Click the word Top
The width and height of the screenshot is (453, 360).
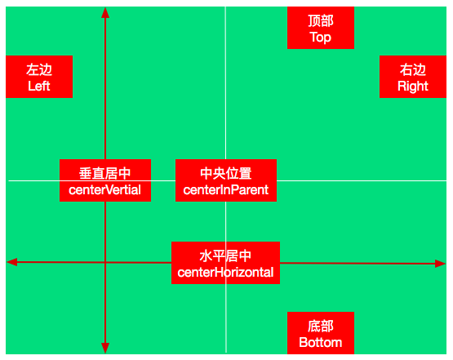(321, 38)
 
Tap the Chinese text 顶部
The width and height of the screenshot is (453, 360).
(321, 20)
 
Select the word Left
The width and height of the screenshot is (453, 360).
(39, 86)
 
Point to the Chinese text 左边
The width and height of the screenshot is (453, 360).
(39, 69)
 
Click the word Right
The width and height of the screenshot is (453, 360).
(412, 87)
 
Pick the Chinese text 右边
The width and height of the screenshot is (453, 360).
(413, 69)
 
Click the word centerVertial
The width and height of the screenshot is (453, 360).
(104, 190)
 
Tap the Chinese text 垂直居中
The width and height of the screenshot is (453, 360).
(104, 173)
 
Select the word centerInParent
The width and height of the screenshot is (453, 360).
(226, 190)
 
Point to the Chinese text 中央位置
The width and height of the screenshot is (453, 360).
(226, 173)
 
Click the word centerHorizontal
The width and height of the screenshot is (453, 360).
(225, 272)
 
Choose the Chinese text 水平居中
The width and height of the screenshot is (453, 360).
(225, 256)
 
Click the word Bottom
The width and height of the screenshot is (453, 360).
(321, 342)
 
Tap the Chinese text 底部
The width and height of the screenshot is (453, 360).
(321, 327)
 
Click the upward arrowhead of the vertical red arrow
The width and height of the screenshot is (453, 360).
(105, 13)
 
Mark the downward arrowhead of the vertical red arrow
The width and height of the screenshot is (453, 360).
(105, 348)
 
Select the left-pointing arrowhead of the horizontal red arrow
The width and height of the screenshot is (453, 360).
(12, 262)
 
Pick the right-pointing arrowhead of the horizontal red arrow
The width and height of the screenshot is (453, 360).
(440, 264)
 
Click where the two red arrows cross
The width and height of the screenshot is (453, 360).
(105, 262)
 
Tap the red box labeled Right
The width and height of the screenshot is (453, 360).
(413, 77)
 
